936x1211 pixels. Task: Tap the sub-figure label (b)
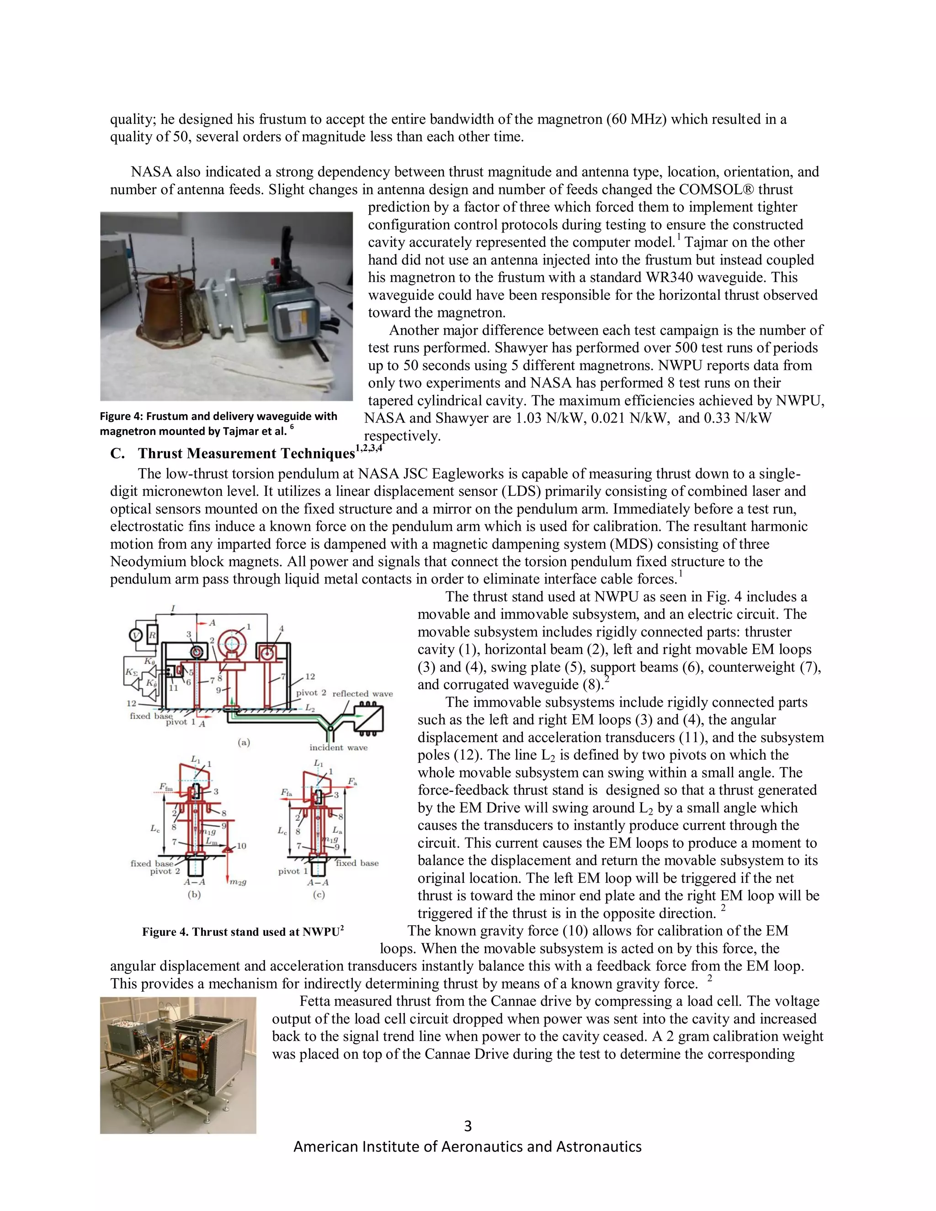click(194, 894)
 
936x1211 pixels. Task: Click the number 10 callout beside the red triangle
click(241, 846)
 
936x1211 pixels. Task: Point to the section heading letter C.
click(117, 454)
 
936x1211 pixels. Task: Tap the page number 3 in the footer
click(468, 1126)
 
